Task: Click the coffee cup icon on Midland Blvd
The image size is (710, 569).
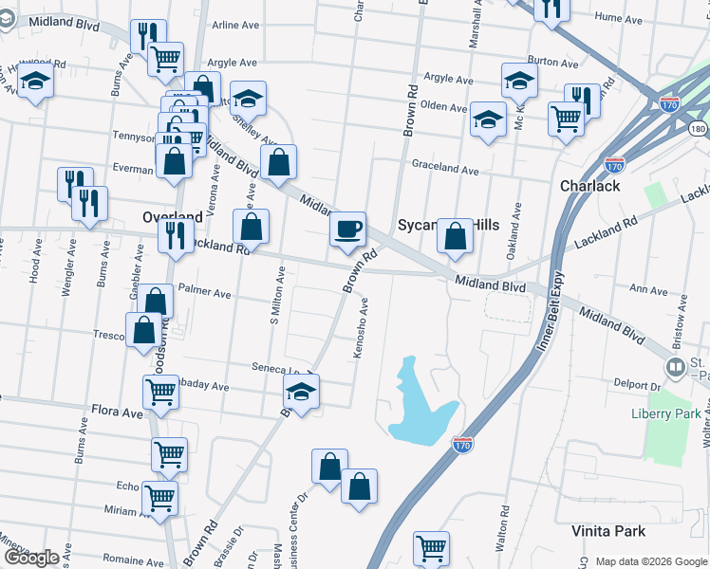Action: coord(348,229)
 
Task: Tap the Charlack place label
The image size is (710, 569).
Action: coord(589,186)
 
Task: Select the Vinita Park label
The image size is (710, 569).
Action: coord(608,531)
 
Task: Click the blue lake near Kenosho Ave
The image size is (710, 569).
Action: coord(419,402)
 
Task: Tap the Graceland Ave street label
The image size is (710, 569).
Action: coord(445,169)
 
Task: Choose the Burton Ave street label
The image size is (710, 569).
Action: coord(553,64)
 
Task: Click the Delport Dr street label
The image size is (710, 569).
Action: coord(636,386)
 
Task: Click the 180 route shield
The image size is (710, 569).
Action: coord(699,128)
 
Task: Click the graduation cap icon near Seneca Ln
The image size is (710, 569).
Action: coord(302,391)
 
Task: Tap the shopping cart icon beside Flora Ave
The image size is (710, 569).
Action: coord(160,390)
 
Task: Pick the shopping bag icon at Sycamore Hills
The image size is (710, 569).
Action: coord(456,236)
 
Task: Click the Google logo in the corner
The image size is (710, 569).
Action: coord(32,558)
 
